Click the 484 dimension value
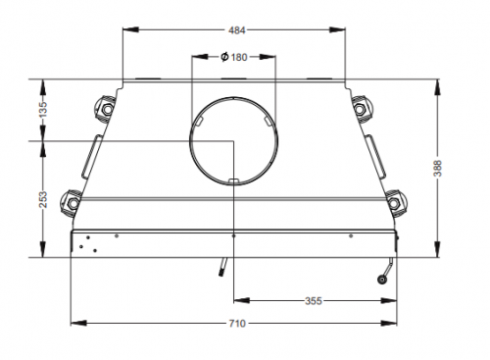coord(236,30)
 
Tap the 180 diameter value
coord(239,58)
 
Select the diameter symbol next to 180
coord(224,57)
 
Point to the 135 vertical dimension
coord(43,109)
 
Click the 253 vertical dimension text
coord(43,199)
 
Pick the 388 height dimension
coord(437,169)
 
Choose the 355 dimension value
coord(314,301)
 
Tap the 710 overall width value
coord(236,324)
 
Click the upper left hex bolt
coord(107,109)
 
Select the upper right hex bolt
coord(359,109)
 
